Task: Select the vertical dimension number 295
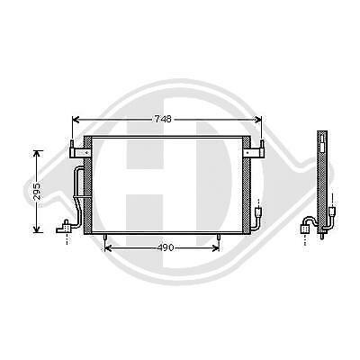tap(35, 191)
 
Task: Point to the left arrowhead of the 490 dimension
tap(109, 247)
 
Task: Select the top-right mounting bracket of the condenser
tap(261, 148)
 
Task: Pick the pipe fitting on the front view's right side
tap(260, 212)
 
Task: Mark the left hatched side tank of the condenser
tap(87, 187)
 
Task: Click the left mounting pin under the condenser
tap(107, 240)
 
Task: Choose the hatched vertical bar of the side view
tap(322, 180)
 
